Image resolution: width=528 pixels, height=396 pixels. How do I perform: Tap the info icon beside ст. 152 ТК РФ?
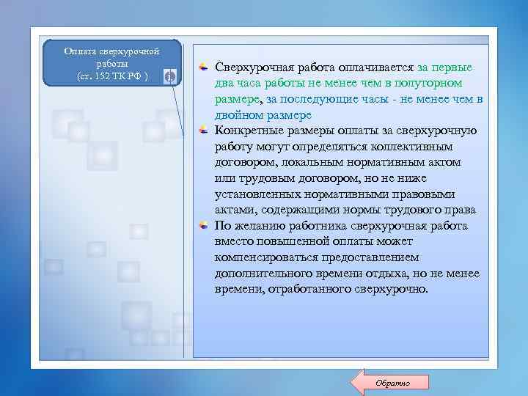(x=169, y=76)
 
